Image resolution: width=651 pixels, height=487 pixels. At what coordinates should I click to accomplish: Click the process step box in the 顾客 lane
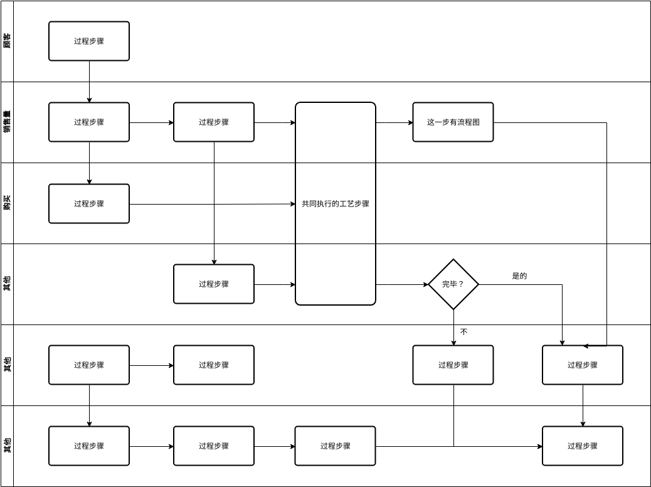[89, 41]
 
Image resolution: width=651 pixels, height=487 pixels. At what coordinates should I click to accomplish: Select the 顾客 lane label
[7, 41]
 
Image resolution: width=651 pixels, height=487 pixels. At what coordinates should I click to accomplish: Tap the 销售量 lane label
[7, 122]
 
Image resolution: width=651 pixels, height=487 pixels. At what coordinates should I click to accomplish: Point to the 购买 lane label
[7, 203]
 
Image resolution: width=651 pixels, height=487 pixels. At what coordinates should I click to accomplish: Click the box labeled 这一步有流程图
[453, 122]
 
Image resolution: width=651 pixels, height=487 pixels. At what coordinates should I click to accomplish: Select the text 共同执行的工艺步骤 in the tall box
[336, 204]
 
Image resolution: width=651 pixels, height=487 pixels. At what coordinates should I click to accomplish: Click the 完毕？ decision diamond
[453, 284]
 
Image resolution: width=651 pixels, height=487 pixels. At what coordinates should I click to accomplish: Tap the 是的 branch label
[519, 276]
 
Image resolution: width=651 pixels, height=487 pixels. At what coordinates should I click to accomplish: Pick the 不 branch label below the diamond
[463, 332]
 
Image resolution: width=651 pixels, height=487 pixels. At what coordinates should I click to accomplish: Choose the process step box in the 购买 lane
[89, 204]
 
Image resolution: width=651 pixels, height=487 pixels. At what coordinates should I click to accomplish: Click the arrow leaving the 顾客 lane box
[89, 82]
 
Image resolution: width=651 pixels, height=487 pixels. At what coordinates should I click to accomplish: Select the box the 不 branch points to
[453, 365]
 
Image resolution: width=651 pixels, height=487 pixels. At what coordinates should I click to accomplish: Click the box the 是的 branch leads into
[582, 365]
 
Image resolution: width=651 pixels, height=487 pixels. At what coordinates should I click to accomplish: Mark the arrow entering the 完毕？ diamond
[402, 284]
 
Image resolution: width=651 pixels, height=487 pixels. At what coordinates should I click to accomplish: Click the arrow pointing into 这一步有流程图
[394, 123]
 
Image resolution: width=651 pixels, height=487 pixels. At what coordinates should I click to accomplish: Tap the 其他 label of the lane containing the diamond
[7, 284]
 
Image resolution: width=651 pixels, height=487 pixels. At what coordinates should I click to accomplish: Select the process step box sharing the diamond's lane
[214, 284]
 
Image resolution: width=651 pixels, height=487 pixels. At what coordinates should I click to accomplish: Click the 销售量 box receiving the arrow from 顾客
[89, 122]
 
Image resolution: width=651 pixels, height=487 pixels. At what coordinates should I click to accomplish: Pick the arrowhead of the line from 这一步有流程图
[586, 346]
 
